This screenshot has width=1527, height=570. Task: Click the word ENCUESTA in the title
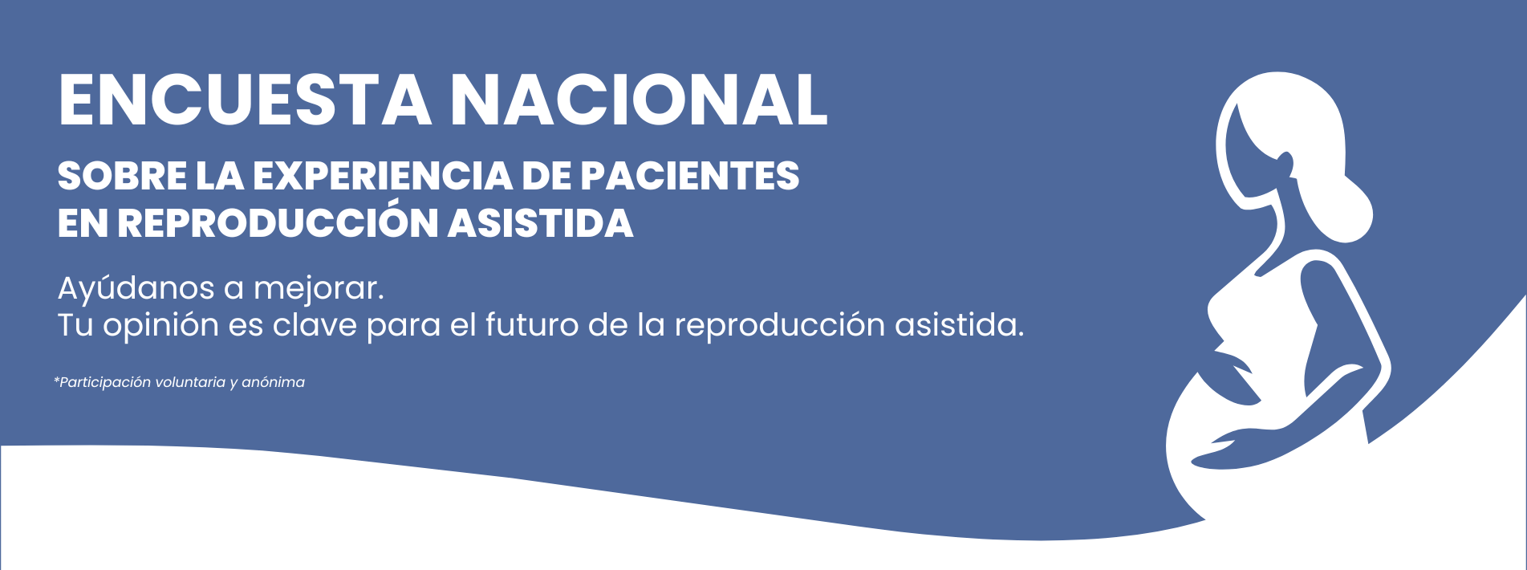tap(245, 100)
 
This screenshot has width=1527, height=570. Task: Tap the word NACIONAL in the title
tap(639, 100)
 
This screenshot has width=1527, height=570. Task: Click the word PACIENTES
tap(689, 176)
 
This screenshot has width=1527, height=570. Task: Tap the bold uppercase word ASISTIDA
tap(541, 223)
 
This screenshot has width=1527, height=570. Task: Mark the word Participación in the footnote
tap(105, 383)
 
